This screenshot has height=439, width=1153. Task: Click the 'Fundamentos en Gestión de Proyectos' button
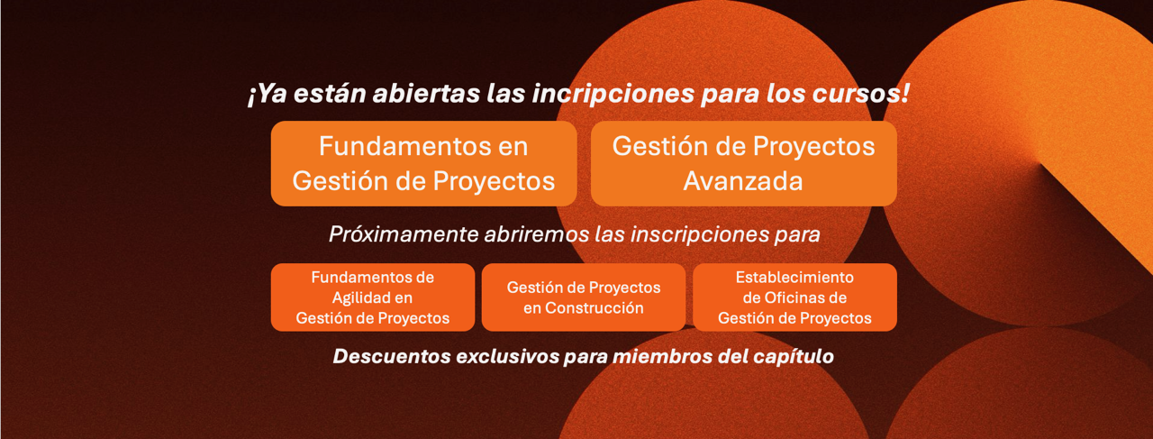coord(423,163)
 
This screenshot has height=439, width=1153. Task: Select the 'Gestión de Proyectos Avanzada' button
coord(744,163)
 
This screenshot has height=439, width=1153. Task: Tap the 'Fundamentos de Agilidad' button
coord(373,297)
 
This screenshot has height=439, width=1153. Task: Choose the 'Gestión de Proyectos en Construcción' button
coord(584,297)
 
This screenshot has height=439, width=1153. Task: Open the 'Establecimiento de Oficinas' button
coord(794,297)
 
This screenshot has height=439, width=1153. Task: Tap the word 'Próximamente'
coord(404,234)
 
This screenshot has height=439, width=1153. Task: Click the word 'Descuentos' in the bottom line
coord(392,356)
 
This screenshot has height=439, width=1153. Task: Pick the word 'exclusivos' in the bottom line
coord(507,356)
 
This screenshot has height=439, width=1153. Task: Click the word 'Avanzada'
coord(743,181)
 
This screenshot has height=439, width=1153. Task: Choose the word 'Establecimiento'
coord(794,278)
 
